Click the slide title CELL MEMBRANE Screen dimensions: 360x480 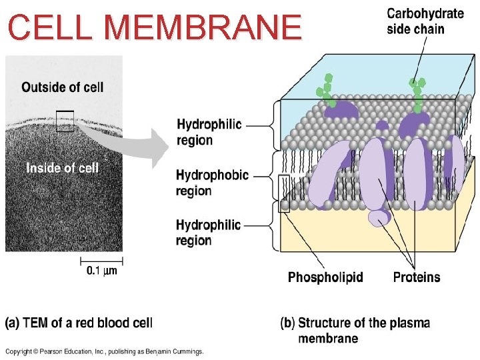[155, 27]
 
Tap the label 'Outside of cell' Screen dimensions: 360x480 [63, 87]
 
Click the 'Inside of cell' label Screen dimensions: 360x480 [63, 168]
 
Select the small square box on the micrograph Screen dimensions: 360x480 [65, 121]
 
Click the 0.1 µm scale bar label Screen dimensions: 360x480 [101, 270]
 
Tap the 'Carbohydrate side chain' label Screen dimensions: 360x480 [425, 21]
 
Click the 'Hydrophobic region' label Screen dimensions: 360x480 [212, 183]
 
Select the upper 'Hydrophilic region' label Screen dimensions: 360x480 [209, 132]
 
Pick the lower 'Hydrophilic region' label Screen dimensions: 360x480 [209, 233]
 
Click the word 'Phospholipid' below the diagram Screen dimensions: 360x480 [325, 277]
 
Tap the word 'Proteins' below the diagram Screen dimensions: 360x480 [417, 277]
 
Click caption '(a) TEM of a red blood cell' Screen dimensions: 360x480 [79, 323]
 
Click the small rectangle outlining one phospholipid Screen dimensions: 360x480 [284, 193]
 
